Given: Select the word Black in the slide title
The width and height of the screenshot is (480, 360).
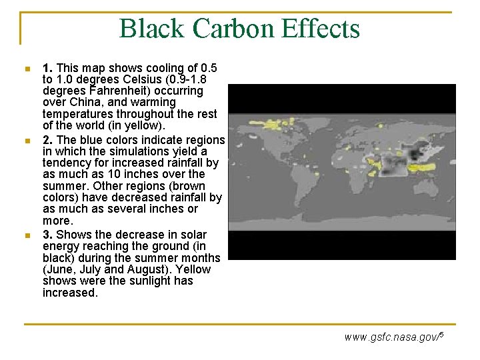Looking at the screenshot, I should pyautogui.click(x=151, y=29).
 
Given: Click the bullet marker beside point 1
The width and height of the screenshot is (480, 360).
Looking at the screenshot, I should pyautogui.click(x=26, y=69).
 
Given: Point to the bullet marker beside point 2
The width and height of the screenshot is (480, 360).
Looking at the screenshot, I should pyautogui.click(x=26, y=141).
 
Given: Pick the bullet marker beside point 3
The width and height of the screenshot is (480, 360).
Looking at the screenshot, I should pyautogui.click(x=26, y=235).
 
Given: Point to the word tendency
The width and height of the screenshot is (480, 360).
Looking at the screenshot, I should pyautogui.click(x=68, y=163).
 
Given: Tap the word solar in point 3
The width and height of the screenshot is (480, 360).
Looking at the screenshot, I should pyautogui.click(x=193, y=235).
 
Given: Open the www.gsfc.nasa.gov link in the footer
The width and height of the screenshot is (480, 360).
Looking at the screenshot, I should pyautogui.click(x=392, y=337).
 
